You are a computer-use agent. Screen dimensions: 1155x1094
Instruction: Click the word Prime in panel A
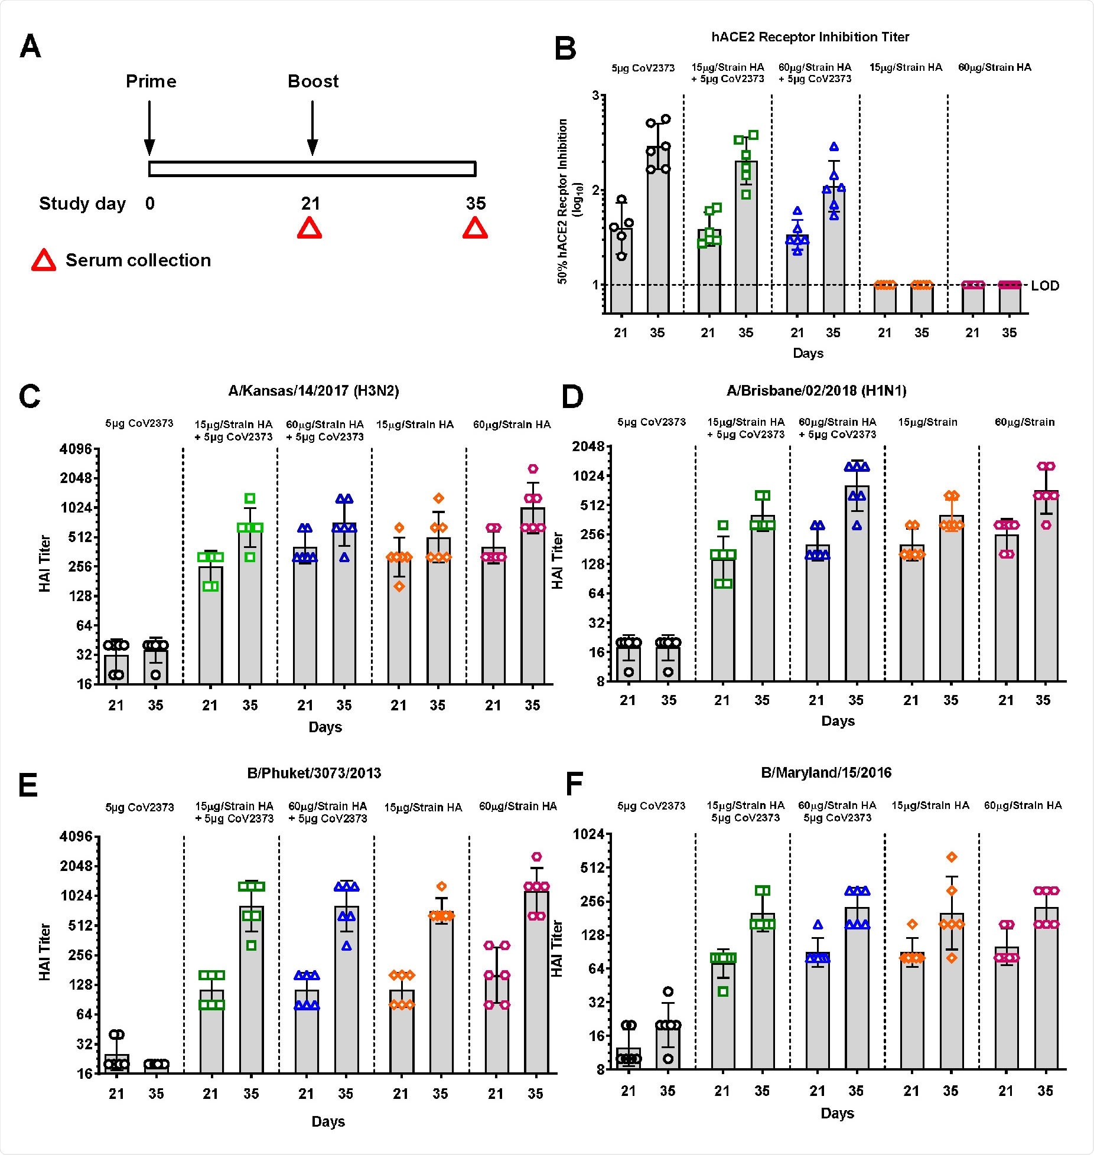[x=151, y=81]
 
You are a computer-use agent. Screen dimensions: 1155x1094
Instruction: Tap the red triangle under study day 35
[x=475, y=228]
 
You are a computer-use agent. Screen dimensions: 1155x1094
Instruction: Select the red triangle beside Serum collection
[x=44, y=260]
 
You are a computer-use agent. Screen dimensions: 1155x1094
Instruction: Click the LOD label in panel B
[x=1045, y=286]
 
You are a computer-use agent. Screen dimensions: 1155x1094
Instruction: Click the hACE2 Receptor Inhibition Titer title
[x=810, y=37]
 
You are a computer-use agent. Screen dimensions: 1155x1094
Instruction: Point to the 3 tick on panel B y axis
[x=595, y=96]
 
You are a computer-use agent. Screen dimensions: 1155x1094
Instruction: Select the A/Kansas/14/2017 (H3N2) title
[x=313, y=391]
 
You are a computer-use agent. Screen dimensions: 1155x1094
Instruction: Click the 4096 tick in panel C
[x=76, y=449]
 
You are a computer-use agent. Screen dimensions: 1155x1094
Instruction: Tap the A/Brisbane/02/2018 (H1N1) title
[x=816, y=390]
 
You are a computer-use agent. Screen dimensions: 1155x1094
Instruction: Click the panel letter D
[x=572, y=397]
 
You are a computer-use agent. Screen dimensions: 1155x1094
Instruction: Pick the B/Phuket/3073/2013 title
[x=314, y=773]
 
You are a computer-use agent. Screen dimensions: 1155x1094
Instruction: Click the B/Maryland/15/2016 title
[x=826, y=772]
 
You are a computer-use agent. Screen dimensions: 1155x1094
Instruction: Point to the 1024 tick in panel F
[x=589, y=834]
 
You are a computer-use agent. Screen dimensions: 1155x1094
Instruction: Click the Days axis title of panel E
[x=328, y=1121]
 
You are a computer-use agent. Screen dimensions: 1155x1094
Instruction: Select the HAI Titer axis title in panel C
[x=45, y=563]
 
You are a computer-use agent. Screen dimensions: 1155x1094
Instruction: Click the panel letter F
[x=574, y=785]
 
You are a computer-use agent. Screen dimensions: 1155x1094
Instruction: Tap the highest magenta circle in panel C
[x=533, y=469]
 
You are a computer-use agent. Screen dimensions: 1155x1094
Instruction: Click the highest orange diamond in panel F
[x=951, y=857]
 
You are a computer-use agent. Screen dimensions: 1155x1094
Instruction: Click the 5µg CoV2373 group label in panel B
[x=643, y=68]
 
